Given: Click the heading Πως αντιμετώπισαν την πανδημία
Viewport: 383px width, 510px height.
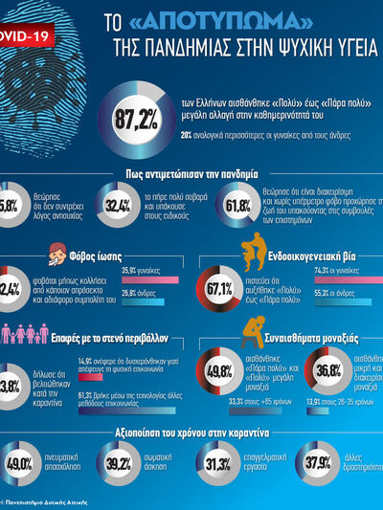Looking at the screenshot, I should pos(191,174).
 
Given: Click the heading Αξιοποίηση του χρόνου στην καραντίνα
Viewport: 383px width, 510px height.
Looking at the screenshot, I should pos(191,432).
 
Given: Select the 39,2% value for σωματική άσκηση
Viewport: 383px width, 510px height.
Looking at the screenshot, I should pos(119,464).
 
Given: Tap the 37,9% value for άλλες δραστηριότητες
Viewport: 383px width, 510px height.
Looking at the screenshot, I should pos(317,464).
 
